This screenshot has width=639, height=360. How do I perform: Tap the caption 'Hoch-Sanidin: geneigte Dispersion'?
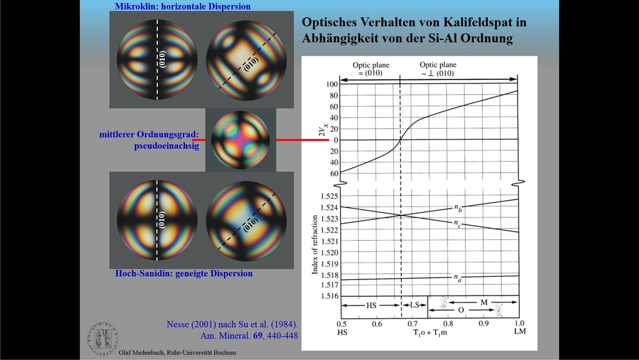(x=184, y=274)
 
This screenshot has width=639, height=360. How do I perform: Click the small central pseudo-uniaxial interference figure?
(x=240, y=140)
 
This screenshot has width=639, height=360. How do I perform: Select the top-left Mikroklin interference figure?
(x=157, y=60)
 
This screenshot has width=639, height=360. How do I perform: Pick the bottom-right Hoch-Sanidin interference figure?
(x=246, y=220)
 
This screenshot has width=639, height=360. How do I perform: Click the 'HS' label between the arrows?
(x=371, y=304)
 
